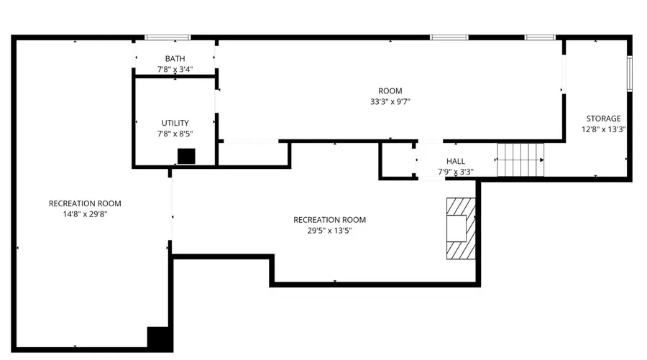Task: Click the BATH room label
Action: point(175,58)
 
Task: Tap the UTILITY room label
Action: point(175,123)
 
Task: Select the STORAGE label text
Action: point(603,119)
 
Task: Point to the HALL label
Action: point(456,161)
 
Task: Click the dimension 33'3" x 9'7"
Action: point(390,101)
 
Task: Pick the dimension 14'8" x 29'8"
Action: point(85,214)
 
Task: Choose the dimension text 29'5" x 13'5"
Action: point(329,231)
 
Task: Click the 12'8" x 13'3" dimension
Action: point(604,129)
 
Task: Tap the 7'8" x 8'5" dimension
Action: point(175,134)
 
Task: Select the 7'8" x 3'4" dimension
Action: point(175,69)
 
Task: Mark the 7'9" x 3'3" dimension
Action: point(456,172)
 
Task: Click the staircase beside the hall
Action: point(520,160)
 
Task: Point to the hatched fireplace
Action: point(461,229)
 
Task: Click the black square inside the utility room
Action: point(186,157)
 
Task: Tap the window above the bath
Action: point(168,37)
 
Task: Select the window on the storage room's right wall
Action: point(630,73)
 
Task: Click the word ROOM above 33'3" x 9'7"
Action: point(390,91)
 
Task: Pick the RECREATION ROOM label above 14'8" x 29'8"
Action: point(85,203)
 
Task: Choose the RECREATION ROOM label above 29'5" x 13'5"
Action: point(329,220)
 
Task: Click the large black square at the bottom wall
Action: point(160,339)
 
